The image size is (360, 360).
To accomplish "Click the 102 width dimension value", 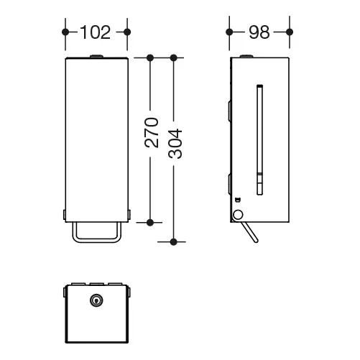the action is [96, 32].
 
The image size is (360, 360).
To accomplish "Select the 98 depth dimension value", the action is [259, 32].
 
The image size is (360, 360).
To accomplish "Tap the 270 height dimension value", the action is [152, 132].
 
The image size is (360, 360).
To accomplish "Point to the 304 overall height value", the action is [175, 144].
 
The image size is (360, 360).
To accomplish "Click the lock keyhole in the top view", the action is [96, 300].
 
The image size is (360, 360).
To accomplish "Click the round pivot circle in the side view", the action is [238, 215].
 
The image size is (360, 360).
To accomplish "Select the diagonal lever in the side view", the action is [249, 232].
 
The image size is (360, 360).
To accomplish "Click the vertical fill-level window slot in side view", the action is [260, 139].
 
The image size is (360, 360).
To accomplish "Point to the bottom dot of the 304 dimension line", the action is [174, 242].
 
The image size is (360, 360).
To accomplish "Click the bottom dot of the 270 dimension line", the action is [150, 223].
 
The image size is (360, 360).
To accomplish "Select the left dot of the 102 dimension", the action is [65, 32].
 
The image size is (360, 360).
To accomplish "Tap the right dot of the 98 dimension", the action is [290, 32].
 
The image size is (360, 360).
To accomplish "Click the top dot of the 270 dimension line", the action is [150, 57].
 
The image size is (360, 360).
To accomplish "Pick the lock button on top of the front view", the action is [96, 57].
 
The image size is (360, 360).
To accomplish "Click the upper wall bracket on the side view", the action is [229, 111].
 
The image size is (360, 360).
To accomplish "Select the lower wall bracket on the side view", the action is [229, 184].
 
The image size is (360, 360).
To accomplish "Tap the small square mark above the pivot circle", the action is [238, 199].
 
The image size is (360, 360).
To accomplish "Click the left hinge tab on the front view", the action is [64, 215].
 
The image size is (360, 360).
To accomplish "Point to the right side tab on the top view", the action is [129, 292].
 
